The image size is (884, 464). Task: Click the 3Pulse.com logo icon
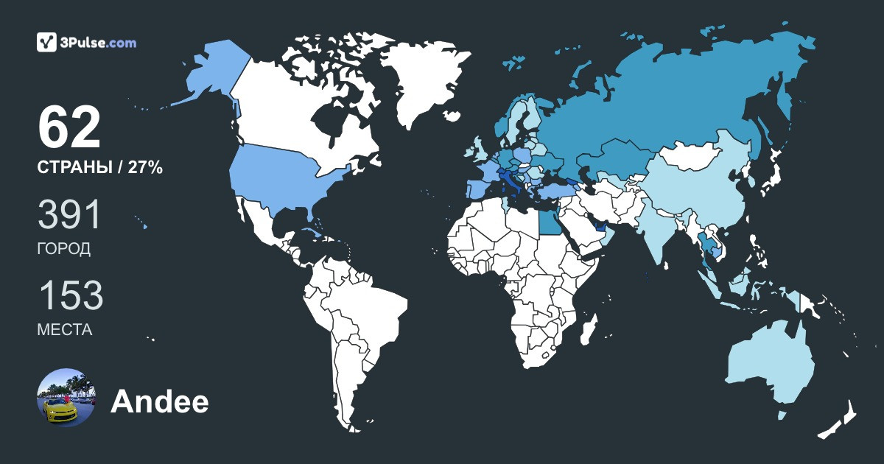pyautogui.click(x=46, y=43)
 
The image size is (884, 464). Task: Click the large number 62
pyautogui.click(x=69, y=128)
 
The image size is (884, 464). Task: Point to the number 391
pyautogui.click(x=69, y=215)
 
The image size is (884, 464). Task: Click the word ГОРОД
pyautogui.click(x=64, y=249)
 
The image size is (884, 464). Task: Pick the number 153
pyautogui.click(x=70, y=296)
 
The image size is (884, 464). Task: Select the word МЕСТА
pyautogui.click(x=65, y=330)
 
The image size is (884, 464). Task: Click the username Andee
pyautogui.click(x=159, y=402)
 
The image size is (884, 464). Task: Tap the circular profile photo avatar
pyautogui.click(x=66, y=398)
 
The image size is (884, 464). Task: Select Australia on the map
pyautogui.click(x=770, y=365)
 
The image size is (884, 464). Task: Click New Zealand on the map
pyautogui.click(x=840, y=420)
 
